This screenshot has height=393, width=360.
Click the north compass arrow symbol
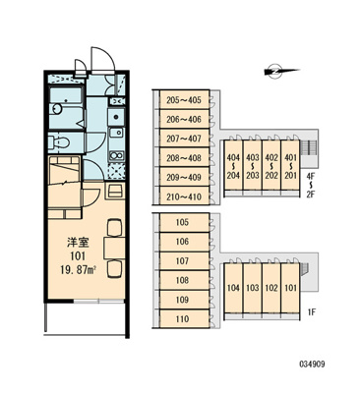[x=272, y=69]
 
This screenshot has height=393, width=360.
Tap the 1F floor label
[x=312, y=312]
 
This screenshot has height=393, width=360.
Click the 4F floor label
[x=312, y=178]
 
